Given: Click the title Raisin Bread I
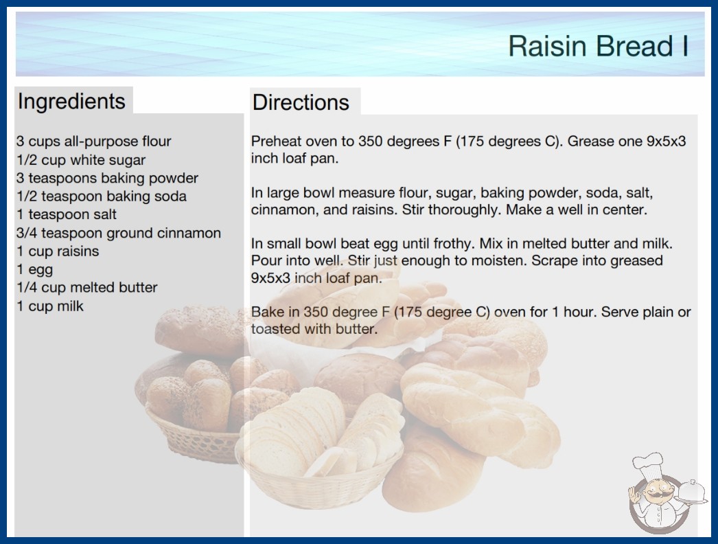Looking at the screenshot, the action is [599, 46].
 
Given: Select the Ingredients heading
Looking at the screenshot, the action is [71, 102].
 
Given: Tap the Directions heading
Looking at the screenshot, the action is [301, 102].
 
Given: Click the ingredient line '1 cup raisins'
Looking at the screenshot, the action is [58, 251].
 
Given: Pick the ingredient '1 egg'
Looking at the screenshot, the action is [35, 270].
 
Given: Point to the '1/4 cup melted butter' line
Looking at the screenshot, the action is [87, 287].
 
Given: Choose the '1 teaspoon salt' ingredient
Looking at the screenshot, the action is [67, 214].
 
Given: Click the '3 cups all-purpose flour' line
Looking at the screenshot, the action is [94, 141].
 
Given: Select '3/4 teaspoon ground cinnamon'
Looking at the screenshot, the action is [119, 233].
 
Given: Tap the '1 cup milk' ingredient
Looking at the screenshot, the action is [50, 306].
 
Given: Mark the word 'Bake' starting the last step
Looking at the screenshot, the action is [266, 312].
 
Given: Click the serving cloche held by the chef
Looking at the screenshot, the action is [692, 492].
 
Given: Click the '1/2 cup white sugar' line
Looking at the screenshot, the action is [81, 160].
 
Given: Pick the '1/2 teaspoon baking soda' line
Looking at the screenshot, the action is [102, 196].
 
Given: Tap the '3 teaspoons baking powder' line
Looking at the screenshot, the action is [107, 179].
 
